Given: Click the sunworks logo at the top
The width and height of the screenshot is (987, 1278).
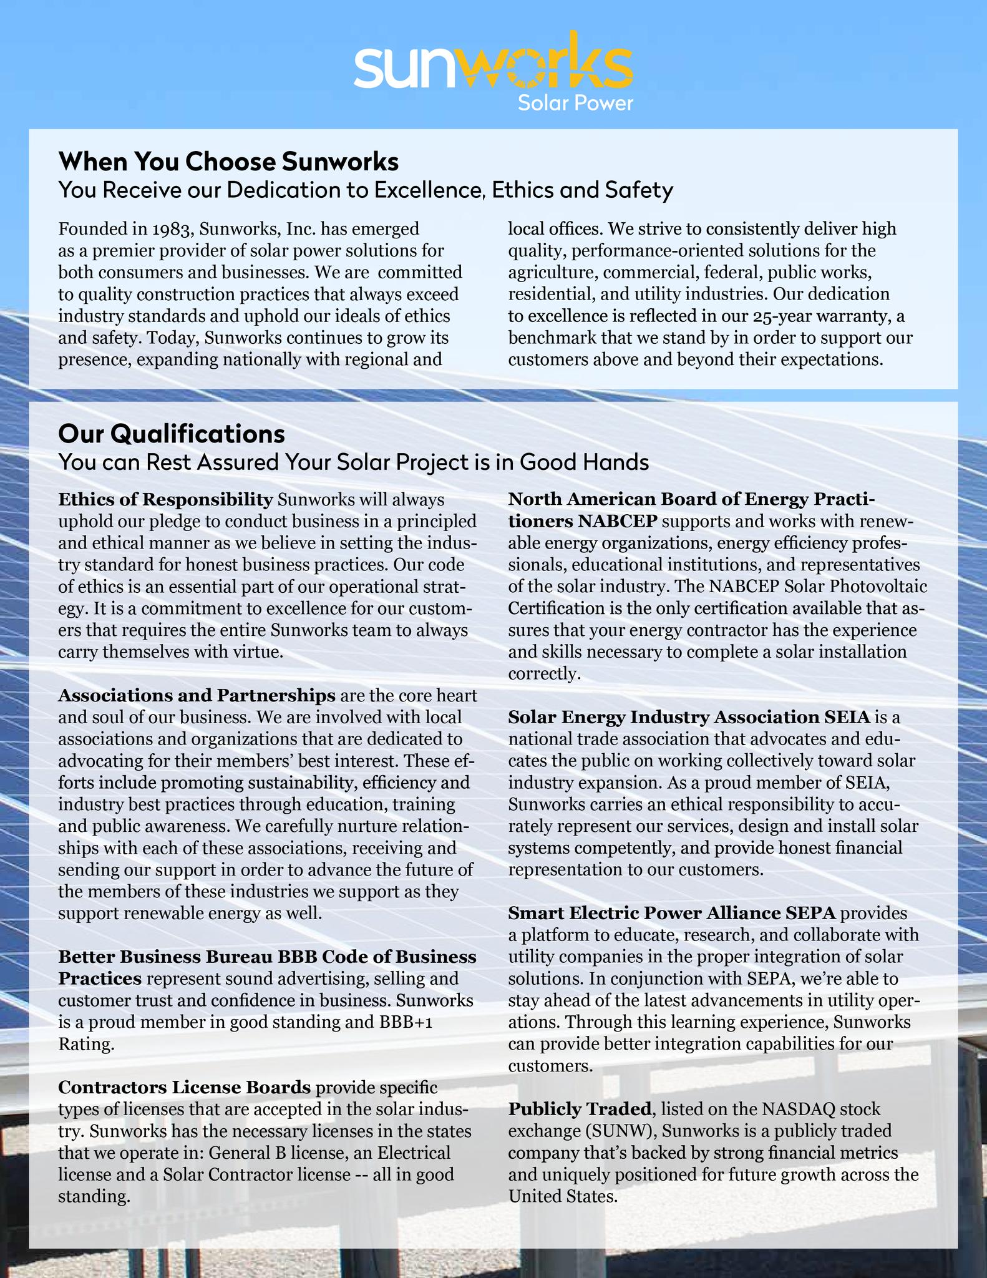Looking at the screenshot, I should pos(493,68).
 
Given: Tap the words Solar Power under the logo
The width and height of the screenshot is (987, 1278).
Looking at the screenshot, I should pos(575,103).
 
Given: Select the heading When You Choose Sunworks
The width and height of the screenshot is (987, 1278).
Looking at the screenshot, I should pos(228,162).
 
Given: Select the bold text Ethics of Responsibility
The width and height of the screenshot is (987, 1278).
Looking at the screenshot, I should pos(165,499).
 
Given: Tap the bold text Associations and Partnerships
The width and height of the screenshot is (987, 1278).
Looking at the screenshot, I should pos(197,695).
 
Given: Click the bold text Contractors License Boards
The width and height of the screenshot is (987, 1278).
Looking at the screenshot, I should pos(184,1087).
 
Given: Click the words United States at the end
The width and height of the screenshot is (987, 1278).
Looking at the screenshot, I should pos(561,1196).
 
